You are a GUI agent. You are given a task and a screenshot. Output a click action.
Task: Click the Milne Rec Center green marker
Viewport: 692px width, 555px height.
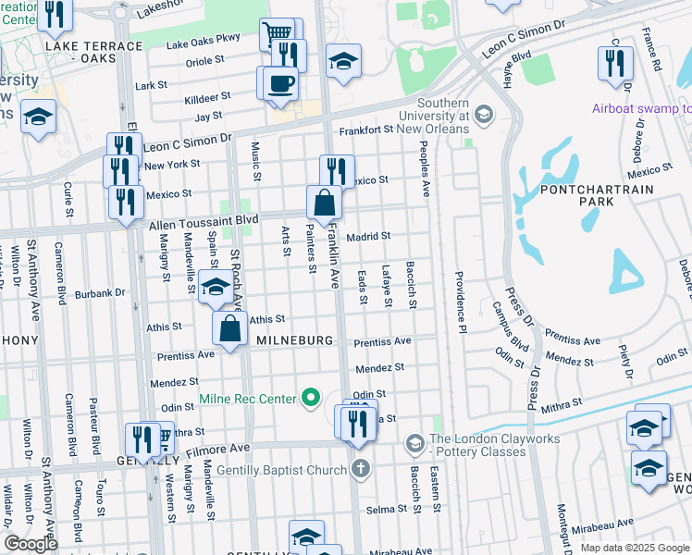click(312, 399)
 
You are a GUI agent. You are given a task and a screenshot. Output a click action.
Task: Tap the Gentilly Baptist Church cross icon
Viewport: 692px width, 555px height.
click(361, 469)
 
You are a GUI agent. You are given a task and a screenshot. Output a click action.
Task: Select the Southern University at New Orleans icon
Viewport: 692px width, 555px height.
click(482, 116)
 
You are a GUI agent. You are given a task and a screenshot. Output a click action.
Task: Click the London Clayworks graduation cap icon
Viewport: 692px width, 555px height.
click(415, 445)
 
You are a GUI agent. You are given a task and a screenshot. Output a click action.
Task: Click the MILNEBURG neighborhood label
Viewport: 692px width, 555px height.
click(293, 340)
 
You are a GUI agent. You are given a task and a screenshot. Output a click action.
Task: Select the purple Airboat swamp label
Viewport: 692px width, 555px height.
click(641, 108)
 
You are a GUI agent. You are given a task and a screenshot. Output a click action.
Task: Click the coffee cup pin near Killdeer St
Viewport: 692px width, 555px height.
click(280, 83)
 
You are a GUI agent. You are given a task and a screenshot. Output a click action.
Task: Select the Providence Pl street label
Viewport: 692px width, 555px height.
click(458, 302)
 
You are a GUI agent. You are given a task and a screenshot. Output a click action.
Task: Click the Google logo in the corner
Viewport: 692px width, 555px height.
click(31, 544)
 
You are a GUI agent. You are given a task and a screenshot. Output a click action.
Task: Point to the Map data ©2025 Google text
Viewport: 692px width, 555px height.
click(634, 548)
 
